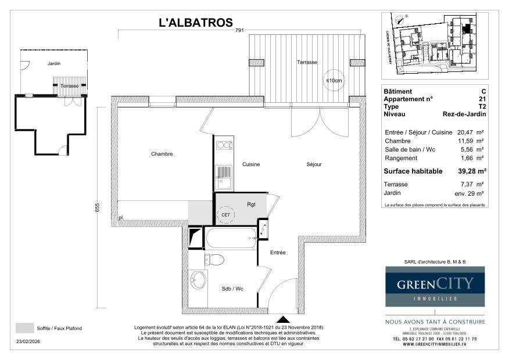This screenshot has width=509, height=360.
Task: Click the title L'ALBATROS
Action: (x=196, y=23)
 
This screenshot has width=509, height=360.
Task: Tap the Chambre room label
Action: (x=162, y=154)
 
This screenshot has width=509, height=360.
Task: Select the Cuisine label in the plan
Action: (x=251, y=164)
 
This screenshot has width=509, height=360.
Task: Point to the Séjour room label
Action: (x=314, y=164)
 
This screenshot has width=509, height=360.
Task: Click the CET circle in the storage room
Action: (x=225, y=215)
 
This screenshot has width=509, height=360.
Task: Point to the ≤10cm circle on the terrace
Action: (x=334, y=81)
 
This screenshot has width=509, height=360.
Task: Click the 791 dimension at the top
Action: (x=239, y=30)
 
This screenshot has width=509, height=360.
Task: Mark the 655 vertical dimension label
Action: (x=98, y=207)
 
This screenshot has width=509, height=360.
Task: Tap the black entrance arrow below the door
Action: (x=284, y=320)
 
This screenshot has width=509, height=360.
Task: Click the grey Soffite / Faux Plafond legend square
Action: (x=24, y=329)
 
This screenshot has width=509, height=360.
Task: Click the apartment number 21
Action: (x=482, y=99)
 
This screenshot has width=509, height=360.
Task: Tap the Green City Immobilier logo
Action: (x=435, y=286)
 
